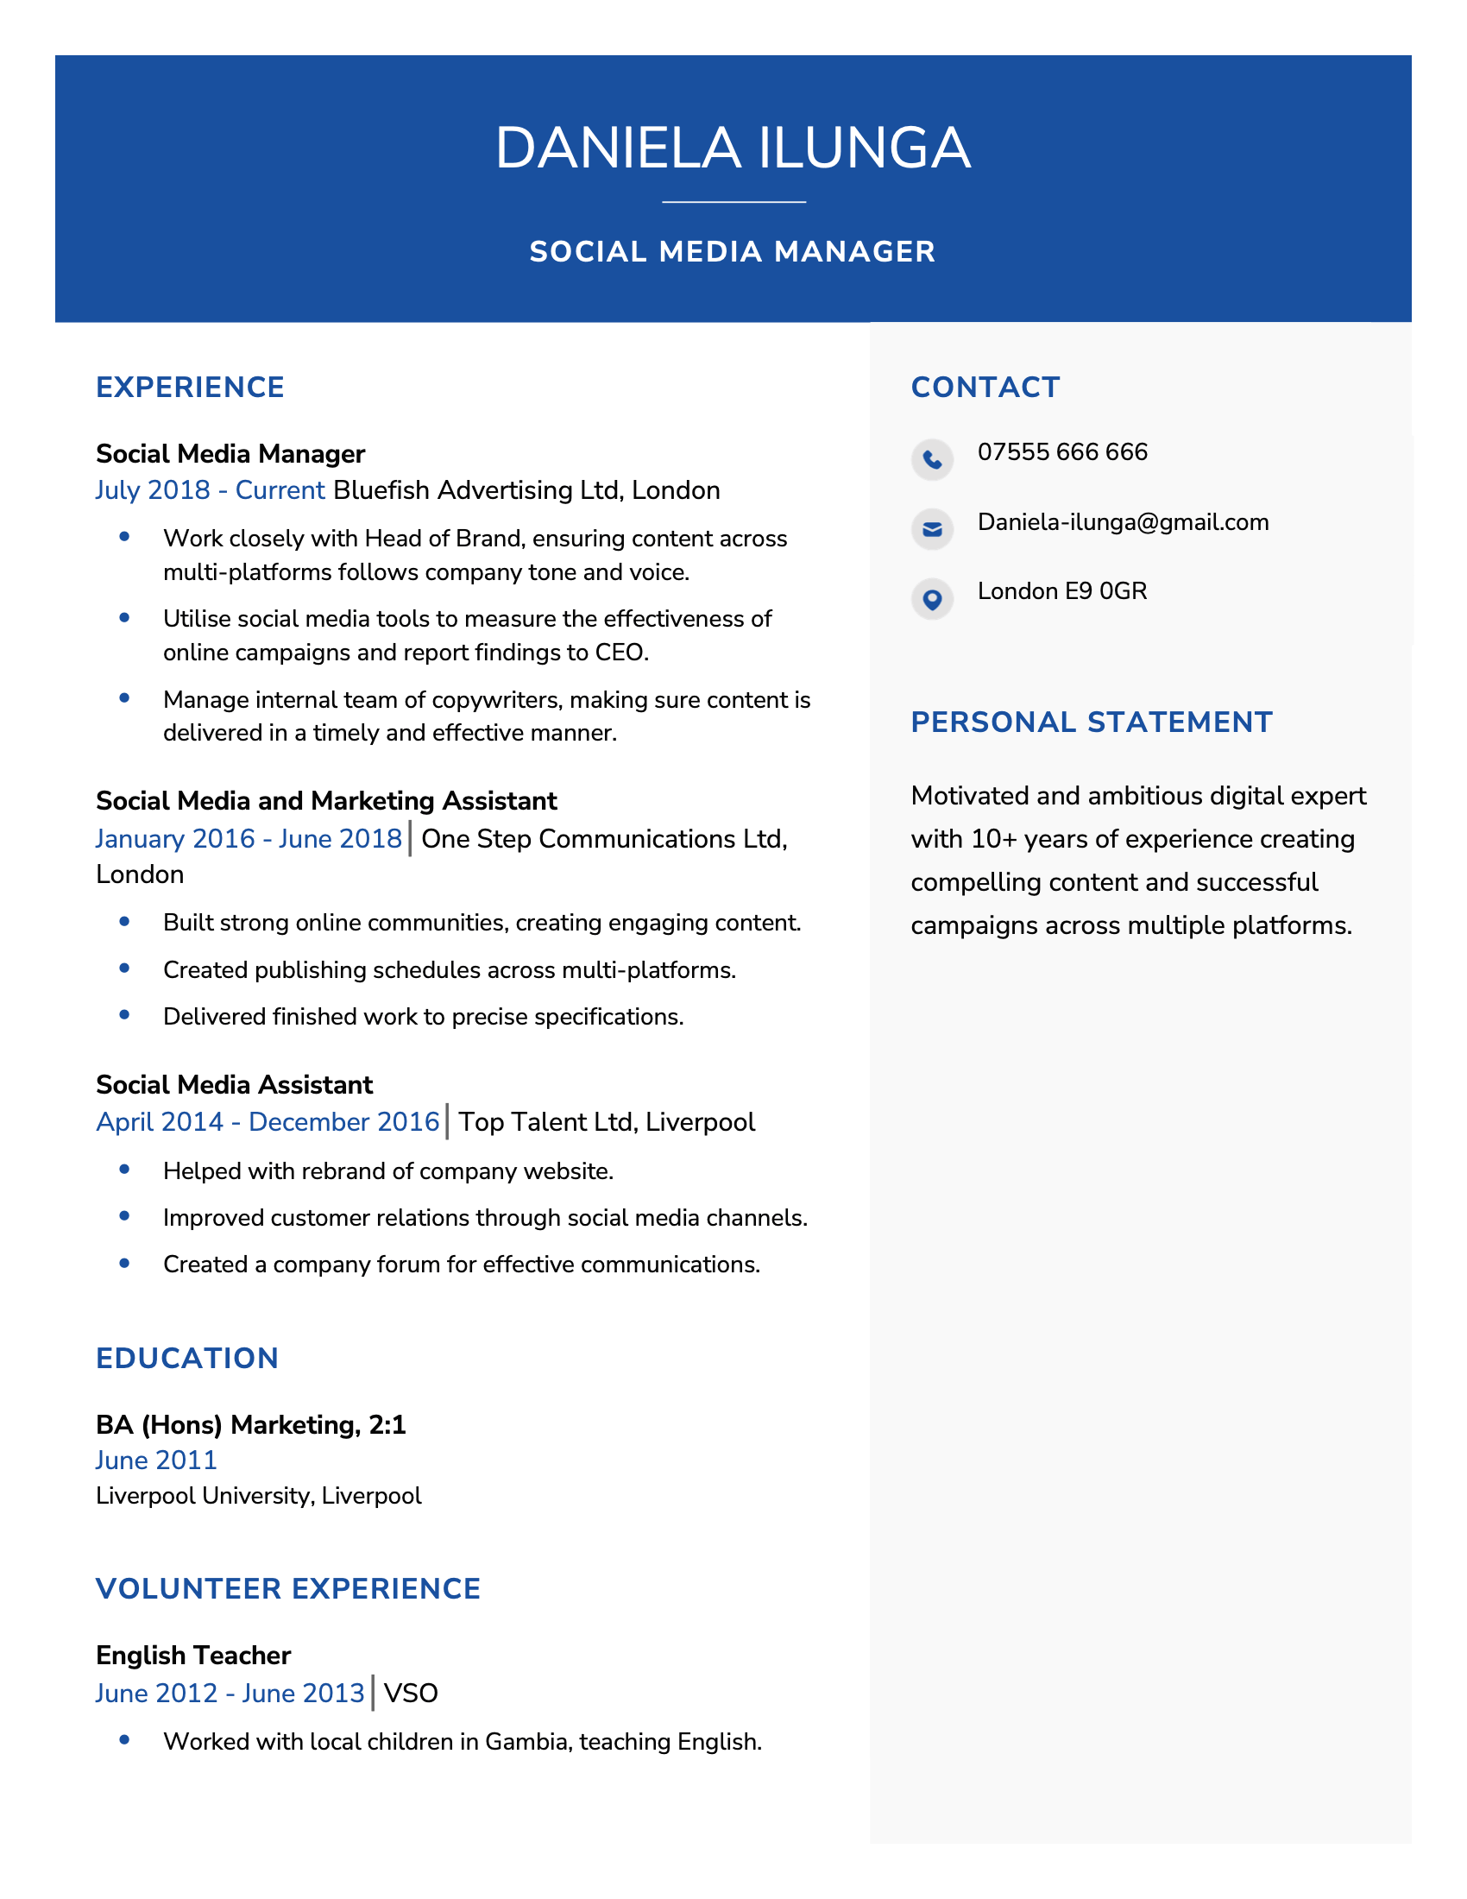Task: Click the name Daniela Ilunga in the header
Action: (x=733, y=148)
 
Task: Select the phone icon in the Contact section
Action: (x=932, y=458)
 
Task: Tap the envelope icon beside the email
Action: (x=932, y=528)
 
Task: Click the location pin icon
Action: (x=932, y=599)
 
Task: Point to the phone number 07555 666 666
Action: (x=1062, y=452)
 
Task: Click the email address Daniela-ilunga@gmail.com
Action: (x=1123, y=521)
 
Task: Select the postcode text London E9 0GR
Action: (x=1062, y=591)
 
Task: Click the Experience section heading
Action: (x=191, y=387)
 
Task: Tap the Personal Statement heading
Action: (x=1092, y=722)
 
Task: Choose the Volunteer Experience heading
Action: (x=287, y=1588)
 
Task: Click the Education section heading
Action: (x=187, y=1358)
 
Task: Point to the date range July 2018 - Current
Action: (x=210, y=490)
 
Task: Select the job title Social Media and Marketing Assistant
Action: (x=326, y=801)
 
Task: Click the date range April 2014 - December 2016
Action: (x=268, y=1121)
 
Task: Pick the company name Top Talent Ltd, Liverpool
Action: (x=607, y=1121)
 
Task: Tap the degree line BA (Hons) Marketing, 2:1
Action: (x=250, y=1424)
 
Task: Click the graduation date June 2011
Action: (x=156, y=1460)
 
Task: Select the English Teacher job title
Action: (x=193, y=1655)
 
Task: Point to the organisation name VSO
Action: (x=410, y=1693)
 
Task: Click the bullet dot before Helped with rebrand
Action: (x=124, y=1170)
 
